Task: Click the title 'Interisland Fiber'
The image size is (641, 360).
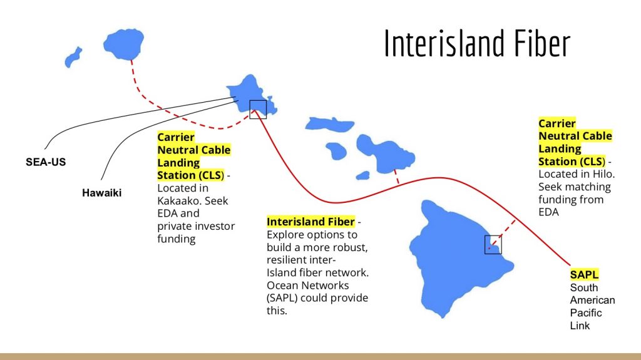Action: (477, 43)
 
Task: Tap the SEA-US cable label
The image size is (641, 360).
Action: (46, 162)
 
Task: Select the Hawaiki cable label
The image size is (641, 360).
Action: (101, 193)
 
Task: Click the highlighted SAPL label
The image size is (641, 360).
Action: (584, 274)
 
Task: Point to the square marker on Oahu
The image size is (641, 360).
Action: (258, 109)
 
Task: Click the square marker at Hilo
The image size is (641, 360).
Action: (493, 244)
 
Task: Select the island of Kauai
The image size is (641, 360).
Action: (130, 44)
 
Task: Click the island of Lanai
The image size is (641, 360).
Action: (336, 150)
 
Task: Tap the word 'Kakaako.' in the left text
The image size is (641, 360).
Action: (179, 200)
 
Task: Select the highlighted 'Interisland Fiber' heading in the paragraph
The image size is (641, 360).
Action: (310, 222)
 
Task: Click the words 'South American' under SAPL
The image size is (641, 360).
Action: (592, 294)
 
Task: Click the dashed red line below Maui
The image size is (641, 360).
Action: (396, 176)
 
